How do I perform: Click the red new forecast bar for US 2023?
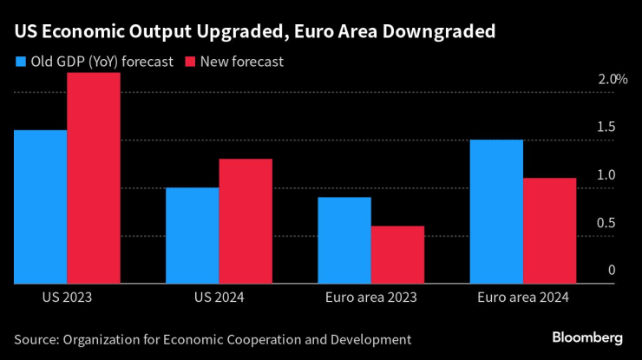[94, 178]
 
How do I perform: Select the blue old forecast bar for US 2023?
[40, 206]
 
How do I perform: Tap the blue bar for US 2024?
[192, 235]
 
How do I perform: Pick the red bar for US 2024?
[246, 221]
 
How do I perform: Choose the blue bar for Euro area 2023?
[344, 240]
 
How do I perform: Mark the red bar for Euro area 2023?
[397, 254]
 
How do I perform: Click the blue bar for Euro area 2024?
[496, 211]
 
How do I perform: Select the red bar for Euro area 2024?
[549, 231]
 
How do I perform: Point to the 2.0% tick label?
[612, 79]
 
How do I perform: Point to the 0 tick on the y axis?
[611, 272]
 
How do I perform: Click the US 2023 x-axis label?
[67, 297]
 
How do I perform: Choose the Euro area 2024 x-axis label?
[522, 297]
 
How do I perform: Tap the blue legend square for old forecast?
[20, 62]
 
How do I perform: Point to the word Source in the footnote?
[36, 338]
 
